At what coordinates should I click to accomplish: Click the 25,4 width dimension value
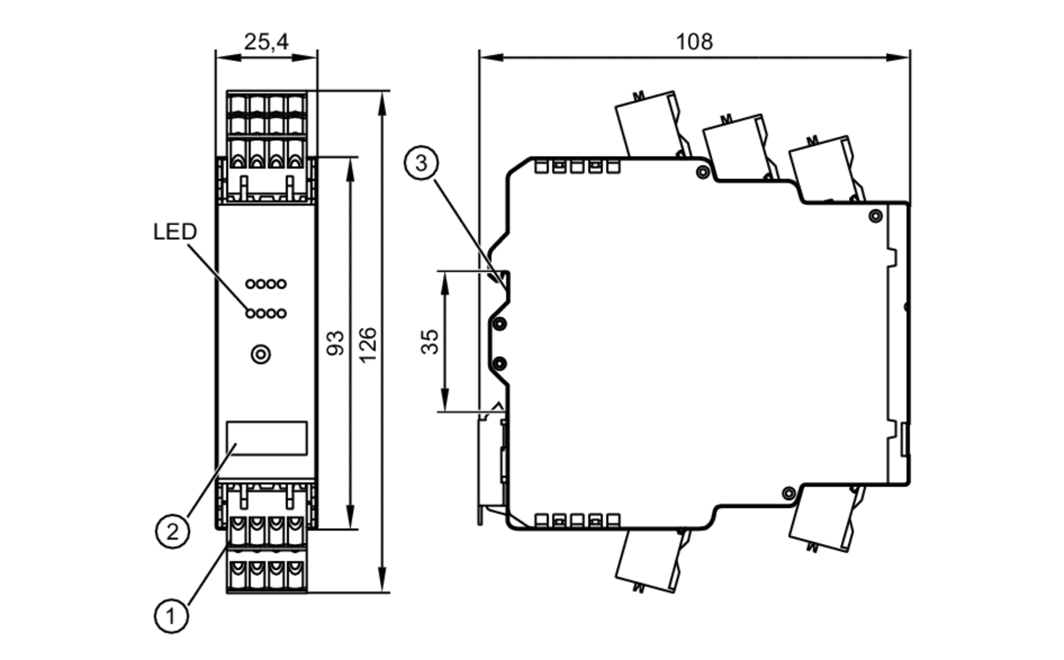tap(266, 41)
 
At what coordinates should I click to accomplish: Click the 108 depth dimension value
tap(694, 41)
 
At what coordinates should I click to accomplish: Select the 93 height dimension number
tap(336, 343)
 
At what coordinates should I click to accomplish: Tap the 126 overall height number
tap(368, 345)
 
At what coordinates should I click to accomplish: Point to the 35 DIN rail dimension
tap(430, 342)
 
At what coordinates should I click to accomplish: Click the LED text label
tap(175, 232)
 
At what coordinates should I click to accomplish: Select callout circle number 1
tap(171, 616)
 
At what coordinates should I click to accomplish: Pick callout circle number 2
tap(172, 531)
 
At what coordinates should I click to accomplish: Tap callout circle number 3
tap(421, 163)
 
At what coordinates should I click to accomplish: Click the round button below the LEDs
tap(261, 354)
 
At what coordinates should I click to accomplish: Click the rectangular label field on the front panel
tap(267, 438)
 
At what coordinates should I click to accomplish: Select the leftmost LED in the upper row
tap(250, 284)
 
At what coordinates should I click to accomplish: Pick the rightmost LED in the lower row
tap(281, 314)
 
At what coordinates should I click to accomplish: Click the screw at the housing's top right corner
tap(875, 216)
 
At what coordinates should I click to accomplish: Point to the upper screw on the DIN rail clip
tap(500, 324)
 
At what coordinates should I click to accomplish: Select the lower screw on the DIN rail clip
tap(500, 364)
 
